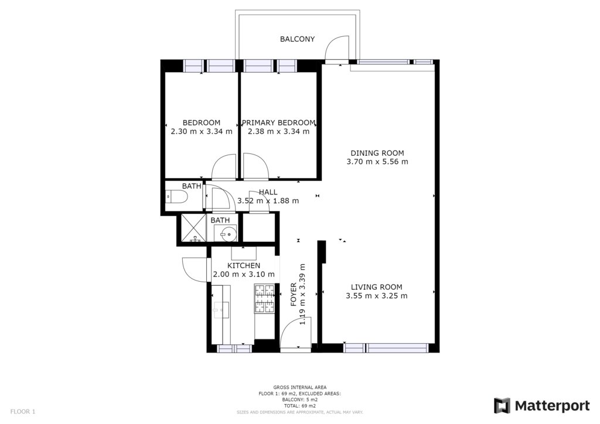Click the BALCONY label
[297, 39]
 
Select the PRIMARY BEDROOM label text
[278, 123]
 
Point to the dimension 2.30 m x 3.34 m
[202, 132]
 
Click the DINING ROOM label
[377, 153]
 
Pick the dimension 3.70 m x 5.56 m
[377, 162]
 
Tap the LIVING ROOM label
[377, 287]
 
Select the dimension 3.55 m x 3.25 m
[377, 296]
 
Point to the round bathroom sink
[226, 233]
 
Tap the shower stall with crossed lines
[193, 228]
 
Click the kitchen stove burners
[264, 298]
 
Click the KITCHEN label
[244, 266]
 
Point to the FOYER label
[294, 295]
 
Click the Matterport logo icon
[502, 406]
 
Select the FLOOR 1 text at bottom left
[23, 412]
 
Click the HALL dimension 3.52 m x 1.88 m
[268, 201]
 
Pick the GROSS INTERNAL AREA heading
[300, 387]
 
